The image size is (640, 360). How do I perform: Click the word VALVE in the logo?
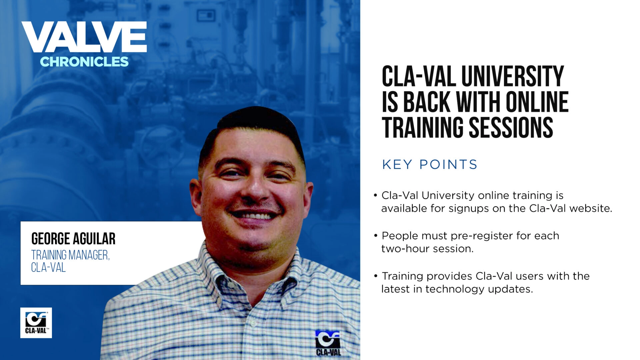84,37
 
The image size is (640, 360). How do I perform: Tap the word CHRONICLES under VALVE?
84,62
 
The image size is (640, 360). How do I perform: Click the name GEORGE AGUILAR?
73,239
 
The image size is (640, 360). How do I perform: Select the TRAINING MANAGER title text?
70,255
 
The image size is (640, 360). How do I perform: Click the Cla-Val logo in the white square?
36,323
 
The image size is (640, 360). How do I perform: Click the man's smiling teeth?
255,216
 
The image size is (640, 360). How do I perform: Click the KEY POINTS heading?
429,164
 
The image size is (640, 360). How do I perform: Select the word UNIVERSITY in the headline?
513,77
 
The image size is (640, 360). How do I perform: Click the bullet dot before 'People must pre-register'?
376,236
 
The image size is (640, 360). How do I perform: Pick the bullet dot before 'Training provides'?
376,276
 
